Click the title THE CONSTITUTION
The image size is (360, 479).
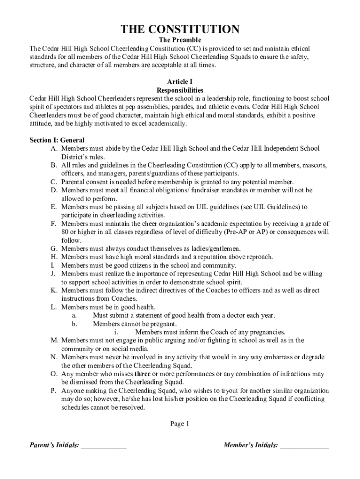point(180,30)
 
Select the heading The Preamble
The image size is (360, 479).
point(180,41)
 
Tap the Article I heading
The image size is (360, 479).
point(180,81)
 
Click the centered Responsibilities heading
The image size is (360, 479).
point(180,90)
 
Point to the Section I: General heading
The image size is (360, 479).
point(57,140)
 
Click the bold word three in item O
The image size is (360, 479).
point(143,374)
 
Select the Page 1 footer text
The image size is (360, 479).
point(180,424)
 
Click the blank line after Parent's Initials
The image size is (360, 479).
point(103,446)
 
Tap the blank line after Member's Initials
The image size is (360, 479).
point(304,446)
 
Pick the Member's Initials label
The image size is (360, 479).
point(251,445)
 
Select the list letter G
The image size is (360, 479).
point(54,249)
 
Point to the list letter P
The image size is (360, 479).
point(54,391)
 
